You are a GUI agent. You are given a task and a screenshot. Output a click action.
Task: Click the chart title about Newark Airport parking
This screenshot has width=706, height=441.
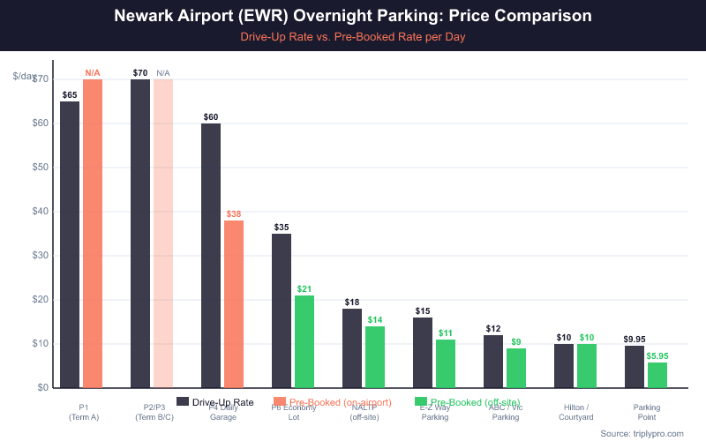pos(353,17)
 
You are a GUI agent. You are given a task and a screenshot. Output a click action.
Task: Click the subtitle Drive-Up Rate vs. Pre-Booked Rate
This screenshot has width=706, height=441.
pos(353,38)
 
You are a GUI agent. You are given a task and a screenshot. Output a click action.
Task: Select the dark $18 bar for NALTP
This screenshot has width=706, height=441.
pos(352,348)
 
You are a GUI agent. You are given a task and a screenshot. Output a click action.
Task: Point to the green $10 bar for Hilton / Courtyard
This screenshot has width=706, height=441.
pos(587,365)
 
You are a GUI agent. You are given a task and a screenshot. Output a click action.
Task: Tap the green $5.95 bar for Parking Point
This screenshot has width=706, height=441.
pos(657,375)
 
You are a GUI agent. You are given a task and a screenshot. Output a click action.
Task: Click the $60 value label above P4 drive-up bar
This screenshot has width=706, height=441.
pos(211,116)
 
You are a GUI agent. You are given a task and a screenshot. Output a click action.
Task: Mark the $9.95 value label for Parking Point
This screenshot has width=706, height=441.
pos(635,339)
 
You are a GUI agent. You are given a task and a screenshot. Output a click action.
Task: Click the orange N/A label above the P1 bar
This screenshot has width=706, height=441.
pos(93,72)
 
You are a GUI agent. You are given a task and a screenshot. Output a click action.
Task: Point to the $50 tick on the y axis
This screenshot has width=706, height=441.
pos(39,167)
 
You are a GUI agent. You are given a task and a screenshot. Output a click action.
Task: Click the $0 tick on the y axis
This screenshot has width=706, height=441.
pos(42,387)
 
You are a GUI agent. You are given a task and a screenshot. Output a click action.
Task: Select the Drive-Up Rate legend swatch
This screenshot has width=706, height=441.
pos(183,402)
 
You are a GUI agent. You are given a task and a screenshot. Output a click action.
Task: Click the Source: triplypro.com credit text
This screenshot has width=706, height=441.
pos(642,433)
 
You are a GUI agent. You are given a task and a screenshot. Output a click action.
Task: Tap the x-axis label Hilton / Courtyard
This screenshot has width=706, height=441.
pos(576,412)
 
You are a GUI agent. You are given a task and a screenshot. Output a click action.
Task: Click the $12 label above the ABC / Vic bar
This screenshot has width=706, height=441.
pos(493,328)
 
